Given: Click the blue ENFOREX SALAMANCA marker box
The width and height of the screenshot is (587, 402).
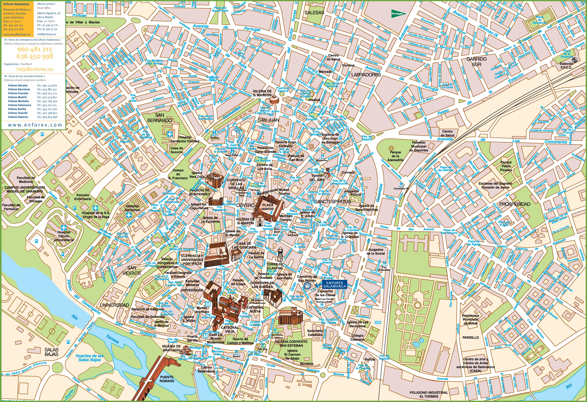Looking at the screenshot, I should point(334,284).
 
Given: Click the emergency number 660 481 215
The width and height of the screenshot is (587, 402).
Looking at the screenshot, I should point(35,49).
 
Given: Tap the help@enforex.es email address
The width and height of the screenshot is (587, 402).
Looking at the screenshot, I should point(35,69).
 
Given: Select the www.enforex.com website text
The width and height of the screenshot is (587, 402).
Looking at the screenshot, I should point(35,125).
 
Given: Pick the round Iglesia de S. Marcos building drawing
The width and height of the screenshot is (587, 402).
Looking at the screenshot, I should point(274,99).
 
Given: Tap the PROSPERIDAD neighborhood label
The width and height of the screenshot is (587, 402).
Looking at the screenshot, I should point(514,204).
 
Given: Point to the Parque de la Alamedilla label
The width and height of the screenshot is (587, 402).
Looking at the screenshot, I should point(395,156).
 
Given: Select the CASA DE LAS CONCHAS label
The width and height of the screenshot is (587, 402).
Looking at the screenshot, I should point(244,245).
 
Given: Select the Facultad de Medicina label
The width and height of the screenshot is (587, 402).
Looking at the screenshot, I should point(26,180).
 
